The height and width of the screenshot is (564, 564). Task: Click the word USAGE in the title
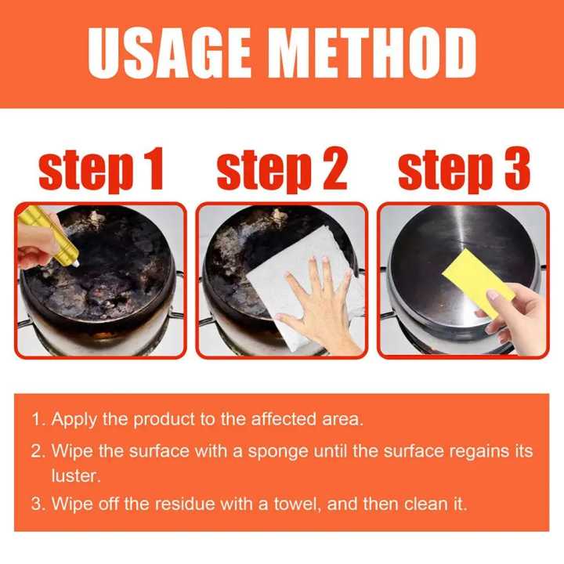point(168,52)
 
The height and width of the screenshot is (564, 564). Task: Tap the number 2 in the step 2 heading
point(334,168)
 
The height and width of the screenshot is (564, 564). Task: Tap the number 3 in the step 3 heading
point(517,168)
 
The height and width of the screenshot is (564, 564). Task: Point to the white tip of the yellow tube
point(76,264)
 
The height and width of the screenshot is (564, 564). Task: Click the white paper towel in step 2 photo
point(305,287)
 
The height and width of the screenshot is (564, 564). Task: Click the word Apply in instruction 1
point(74,420)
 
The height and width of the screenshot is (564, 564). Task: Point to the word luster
point(76,476)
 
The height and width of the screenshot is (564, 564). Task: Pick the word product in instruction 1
point(164,420)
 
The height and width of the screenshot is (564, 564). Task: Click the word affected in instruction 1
point(284,419)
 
